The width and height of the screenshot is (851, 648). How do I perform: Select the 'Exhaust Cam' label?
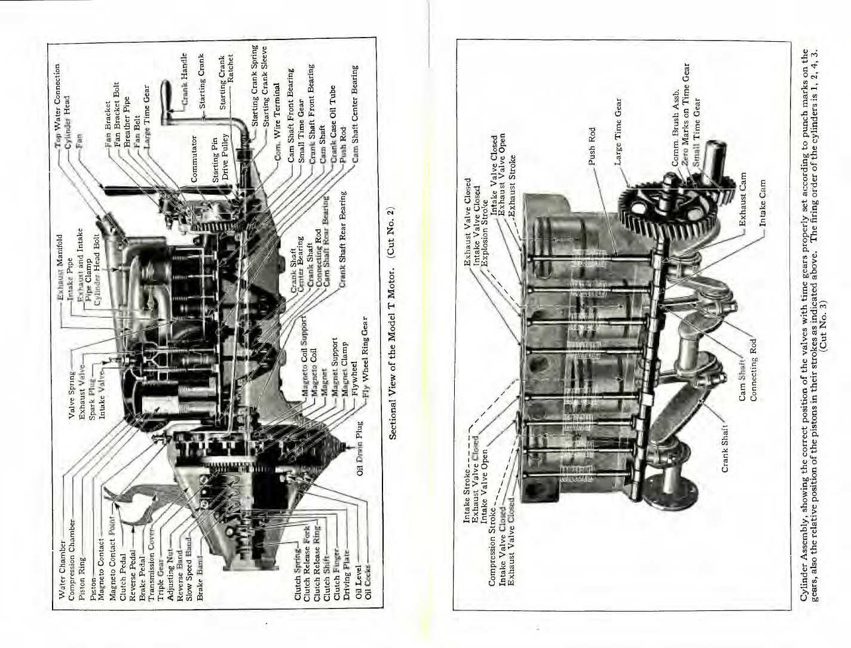tap(743, 199)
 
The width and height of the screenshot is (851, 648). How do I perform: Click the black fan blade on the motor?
tap(143, 189)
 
